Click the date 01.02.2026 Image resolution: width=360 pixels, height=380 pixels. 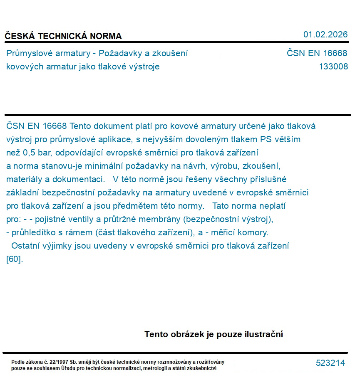click(325, 35)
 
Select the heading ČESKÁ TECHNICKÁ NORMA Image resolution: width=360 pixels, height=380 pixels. click(63, 36)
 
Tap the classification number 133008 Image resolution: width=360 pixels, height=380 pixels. click(333, 67)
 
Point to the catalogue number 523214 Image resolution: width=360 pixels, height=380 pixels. click(330, 363)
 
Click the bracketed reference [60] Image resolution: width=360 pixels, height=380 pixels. click(15, 259)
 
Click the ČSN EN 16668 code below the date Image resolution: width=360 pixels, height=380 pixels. click(317, 53)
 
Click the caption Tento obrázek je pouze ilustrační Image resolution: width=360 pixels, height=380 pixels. click(214, 334)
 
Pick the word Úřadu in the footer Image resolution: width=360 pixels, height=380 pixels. click(68, 368)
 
